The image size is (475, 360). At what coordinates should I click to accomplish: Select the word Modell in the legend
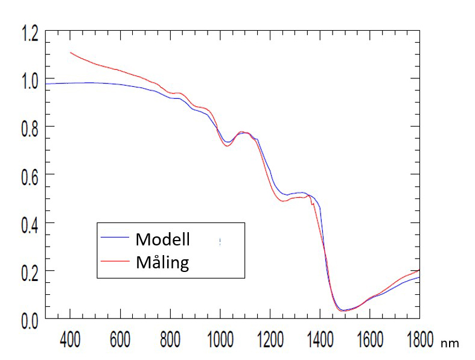tap(163, 239)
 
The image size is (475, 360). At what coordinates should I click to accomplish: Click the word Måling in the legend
tap(162, 263)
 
